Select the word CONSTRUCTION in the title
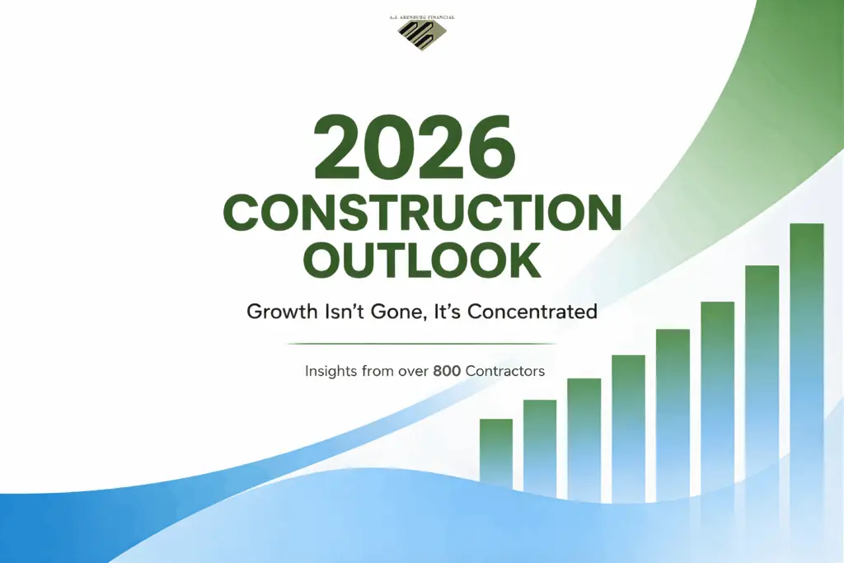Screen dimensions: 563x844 (x=422, y=213)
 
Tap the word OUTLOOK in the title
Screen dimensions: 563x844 (x=422, y=260)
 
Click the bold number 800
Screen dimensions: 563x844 (x=447, y=371)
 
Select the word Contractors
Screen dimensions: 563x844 (x=505, y=371)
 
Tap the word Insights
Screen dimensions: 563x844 (x=332, y=371)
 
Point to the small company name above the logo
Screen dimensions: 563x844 (x=422, y=16)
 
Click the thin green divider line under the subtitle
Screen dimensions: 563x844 (x=422, y=343)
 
